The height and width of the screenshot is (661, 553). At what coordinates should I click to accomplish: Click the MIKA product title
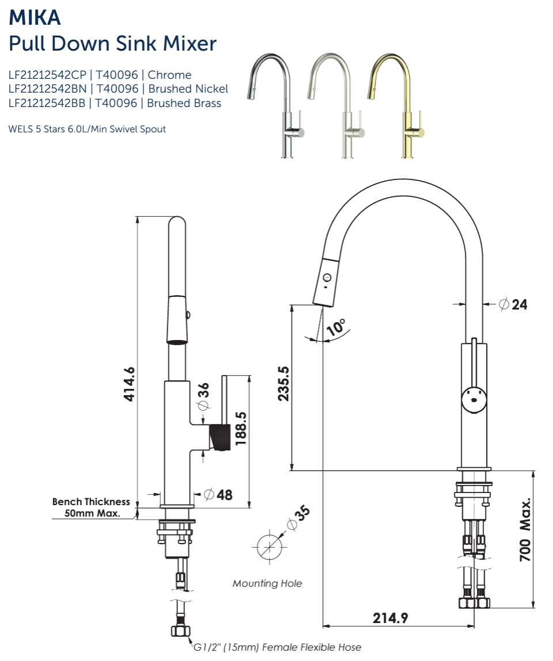(x=35, y=17)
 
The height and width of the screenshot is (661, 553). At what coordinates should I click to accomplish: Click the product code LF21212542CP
(x=47, y=75)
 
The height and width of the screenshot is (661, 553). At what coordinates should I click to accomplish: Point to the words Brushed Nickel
(x=188, y=89)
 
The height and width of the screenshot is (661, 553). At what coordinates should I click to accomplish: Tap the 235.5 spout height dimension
(x=283, y=384)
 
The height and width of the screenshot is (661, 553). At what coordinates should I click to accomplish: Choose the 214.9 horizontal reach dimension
(x=390, y=618)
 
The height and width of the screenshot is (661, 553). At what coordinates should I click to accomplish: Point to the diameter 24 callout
(x=513, y=304)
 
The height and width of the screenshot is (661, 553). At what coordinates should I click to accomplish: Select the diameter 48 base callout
(x=218, y=494)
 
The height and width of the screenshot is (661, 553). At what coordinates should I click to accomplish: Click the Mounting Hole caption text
(x=267, y=583)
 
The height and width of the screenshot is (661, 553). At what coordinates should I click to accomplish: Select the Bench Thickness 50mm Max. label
(x=91, y=507)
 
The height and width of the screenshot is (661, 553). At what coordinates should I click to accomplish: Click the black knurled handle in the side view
(x=221, y=436)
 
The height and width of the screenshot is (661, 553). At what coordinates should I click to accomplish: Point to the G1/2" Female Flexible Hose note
(x=277, y=647)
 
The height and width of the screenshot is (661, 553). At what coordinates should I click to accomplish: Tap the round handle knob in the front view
(x=475, y=400)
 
